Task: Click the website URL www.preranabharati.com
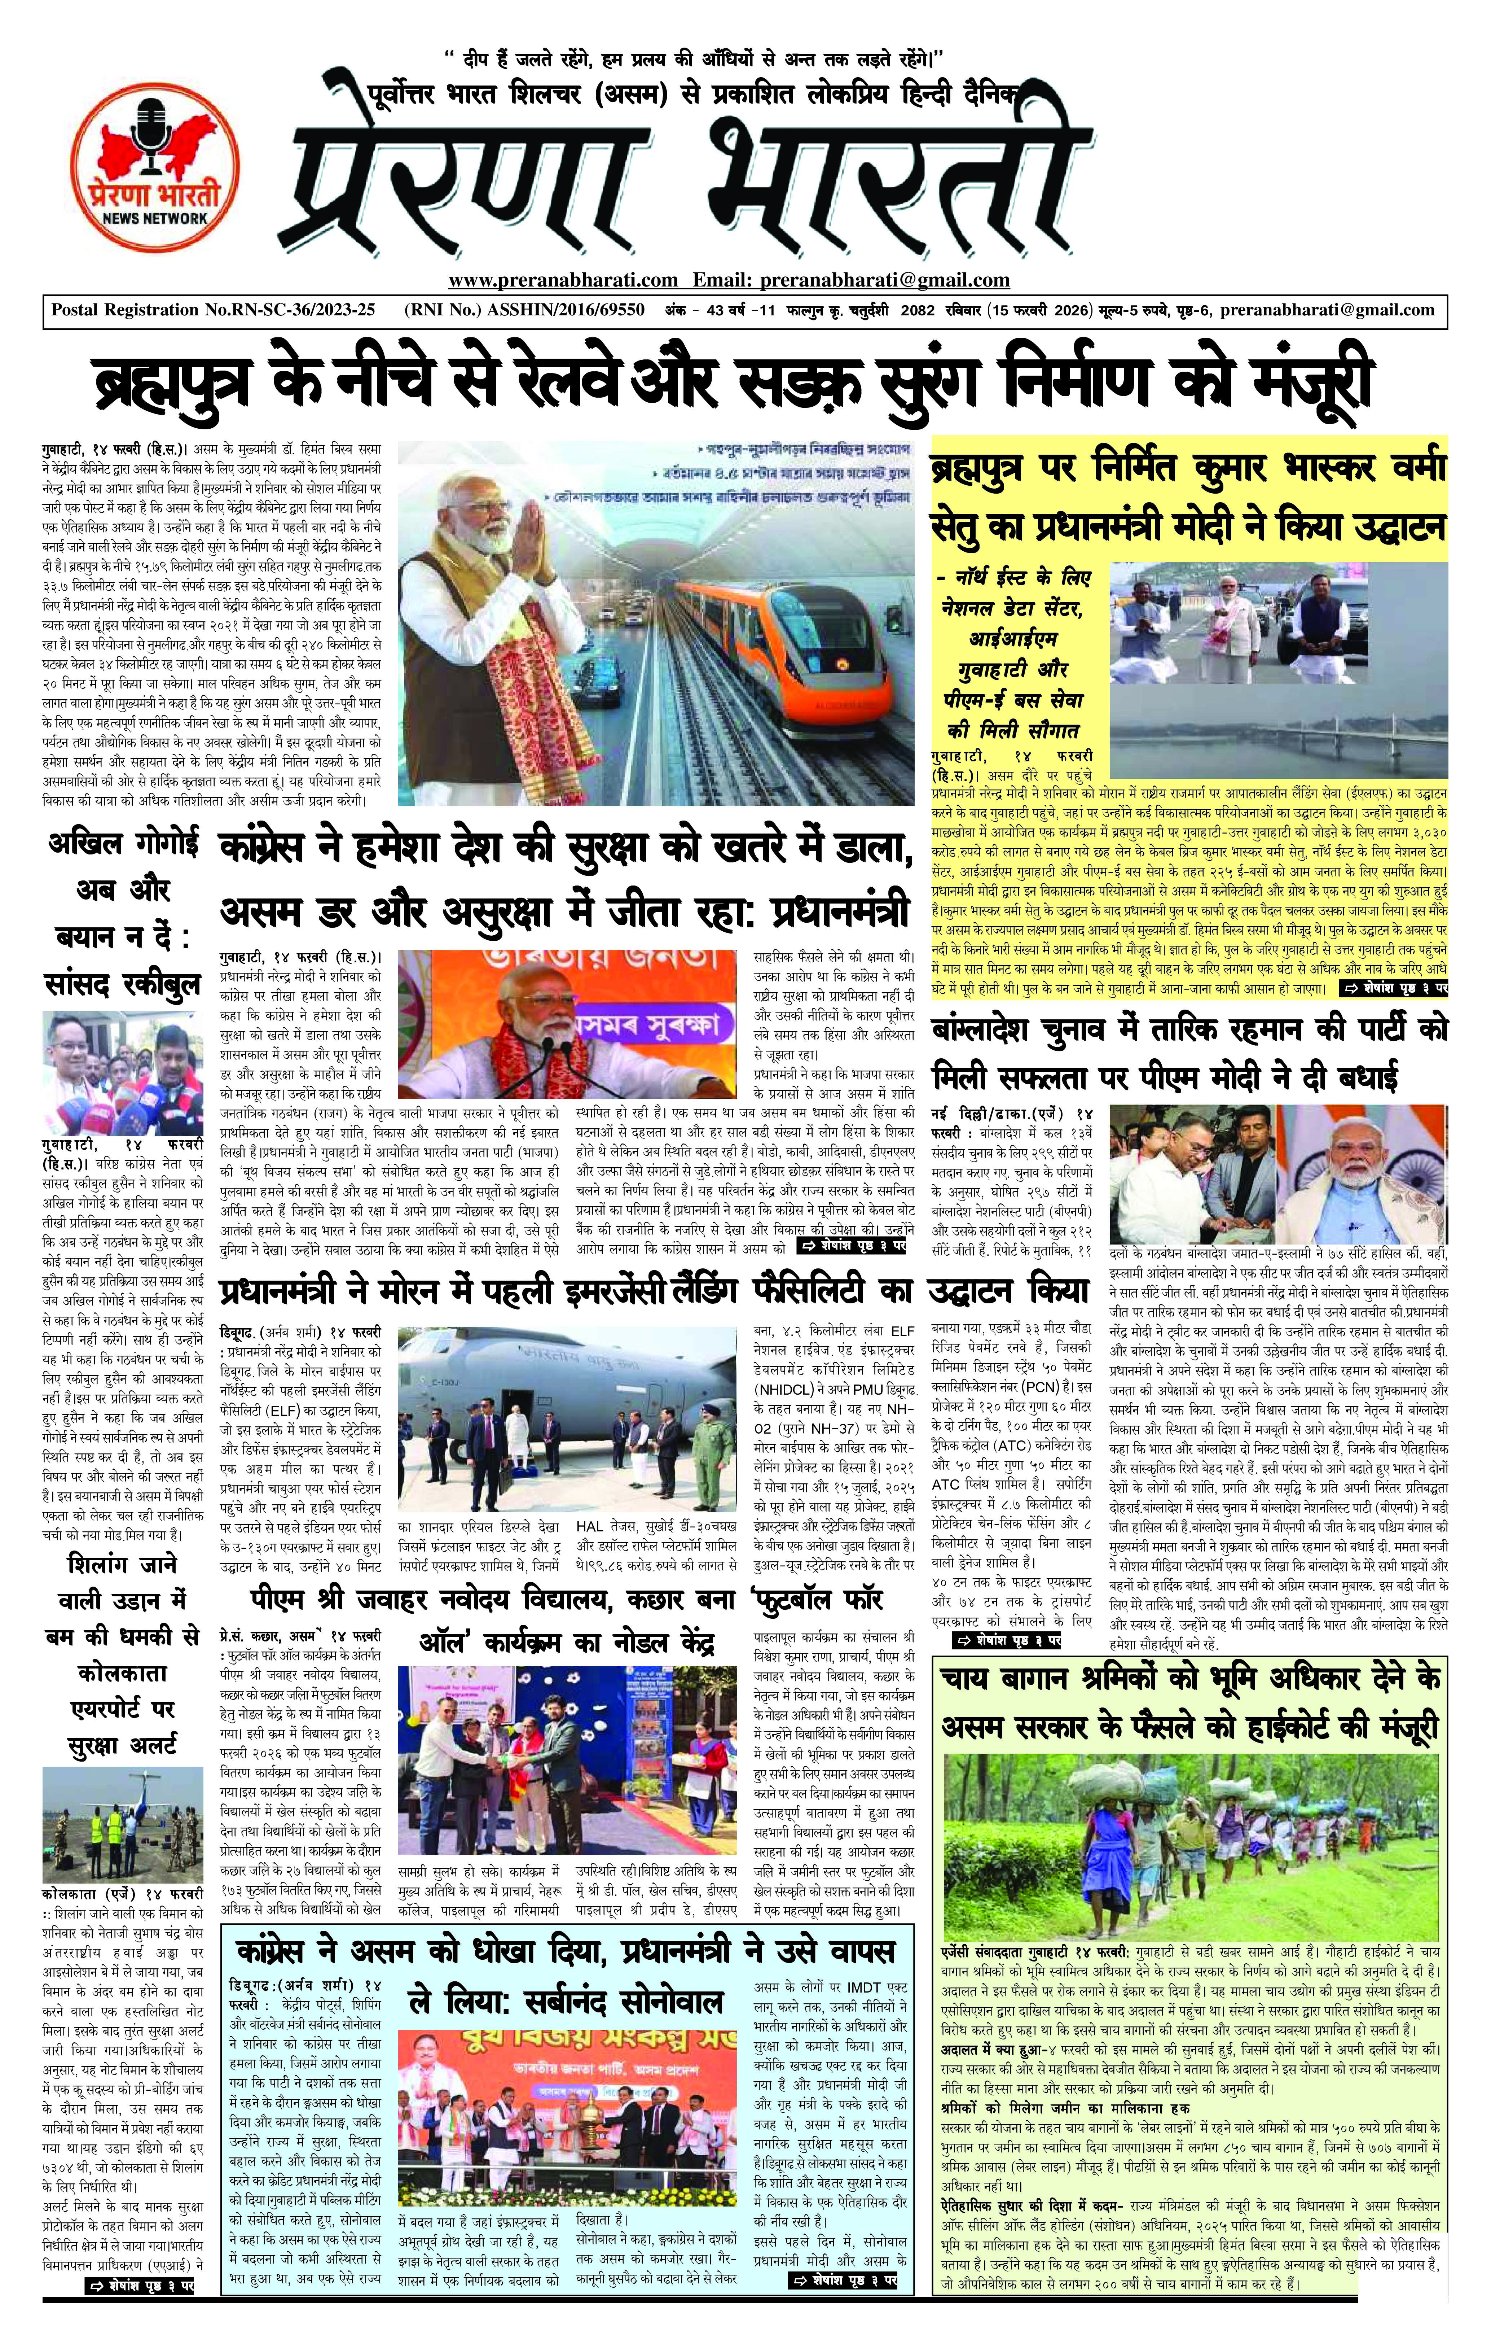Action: (563, 280)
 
